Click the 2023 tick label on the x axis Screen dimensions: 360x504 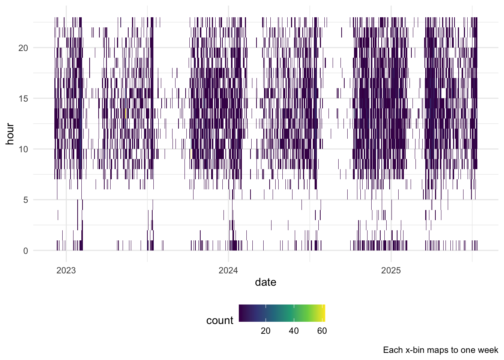coord(66,270)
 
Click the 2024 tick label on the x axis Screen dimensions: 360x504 coord(228,270)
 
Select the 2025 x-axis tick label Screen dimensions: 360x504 coord(391,270)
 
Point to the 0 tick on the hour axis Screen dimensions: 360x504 coord(25,251)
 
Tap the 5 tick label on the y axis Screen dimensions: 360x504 coord(25,200)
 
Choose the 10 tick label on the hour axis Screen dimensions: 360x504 coord(23,150)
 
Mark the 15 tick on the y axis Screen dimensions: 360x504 coord(23,99)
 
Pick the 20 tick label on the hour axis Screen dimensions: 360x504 coord(23,48)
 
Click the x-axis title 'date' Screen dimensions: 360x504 coord(265,282)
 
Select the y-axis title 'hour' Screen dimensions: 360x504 coord(10,134)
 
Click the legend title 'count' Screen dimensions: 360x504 coord(220,321)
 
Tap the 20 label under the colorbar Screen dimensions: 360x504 coord(265,331)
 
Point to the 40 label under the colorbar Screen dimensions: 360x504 coord(294,331)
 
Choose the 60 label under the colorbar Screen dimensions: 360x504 coord(322,331)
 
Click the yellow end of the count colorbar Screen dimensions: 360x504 coord(324,313)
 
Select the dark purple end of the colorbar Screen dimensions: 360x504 coord(240,313)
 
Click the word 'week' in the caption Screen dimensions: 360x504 coord(488,350)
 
